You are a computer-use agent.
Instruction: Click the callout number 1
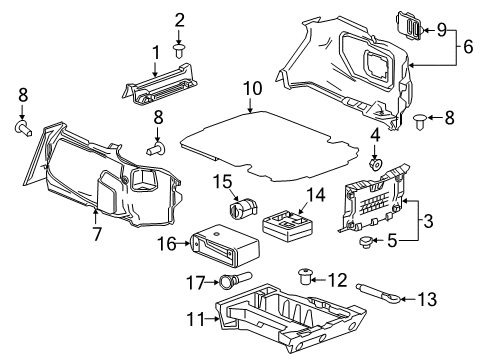click(156, 52)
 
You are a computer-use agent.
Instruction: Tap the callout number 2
click(180, 20)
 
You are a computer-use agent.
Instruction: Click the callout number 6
click(467, 45)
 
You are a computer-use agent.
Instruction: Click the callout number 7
click(97, 234)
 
